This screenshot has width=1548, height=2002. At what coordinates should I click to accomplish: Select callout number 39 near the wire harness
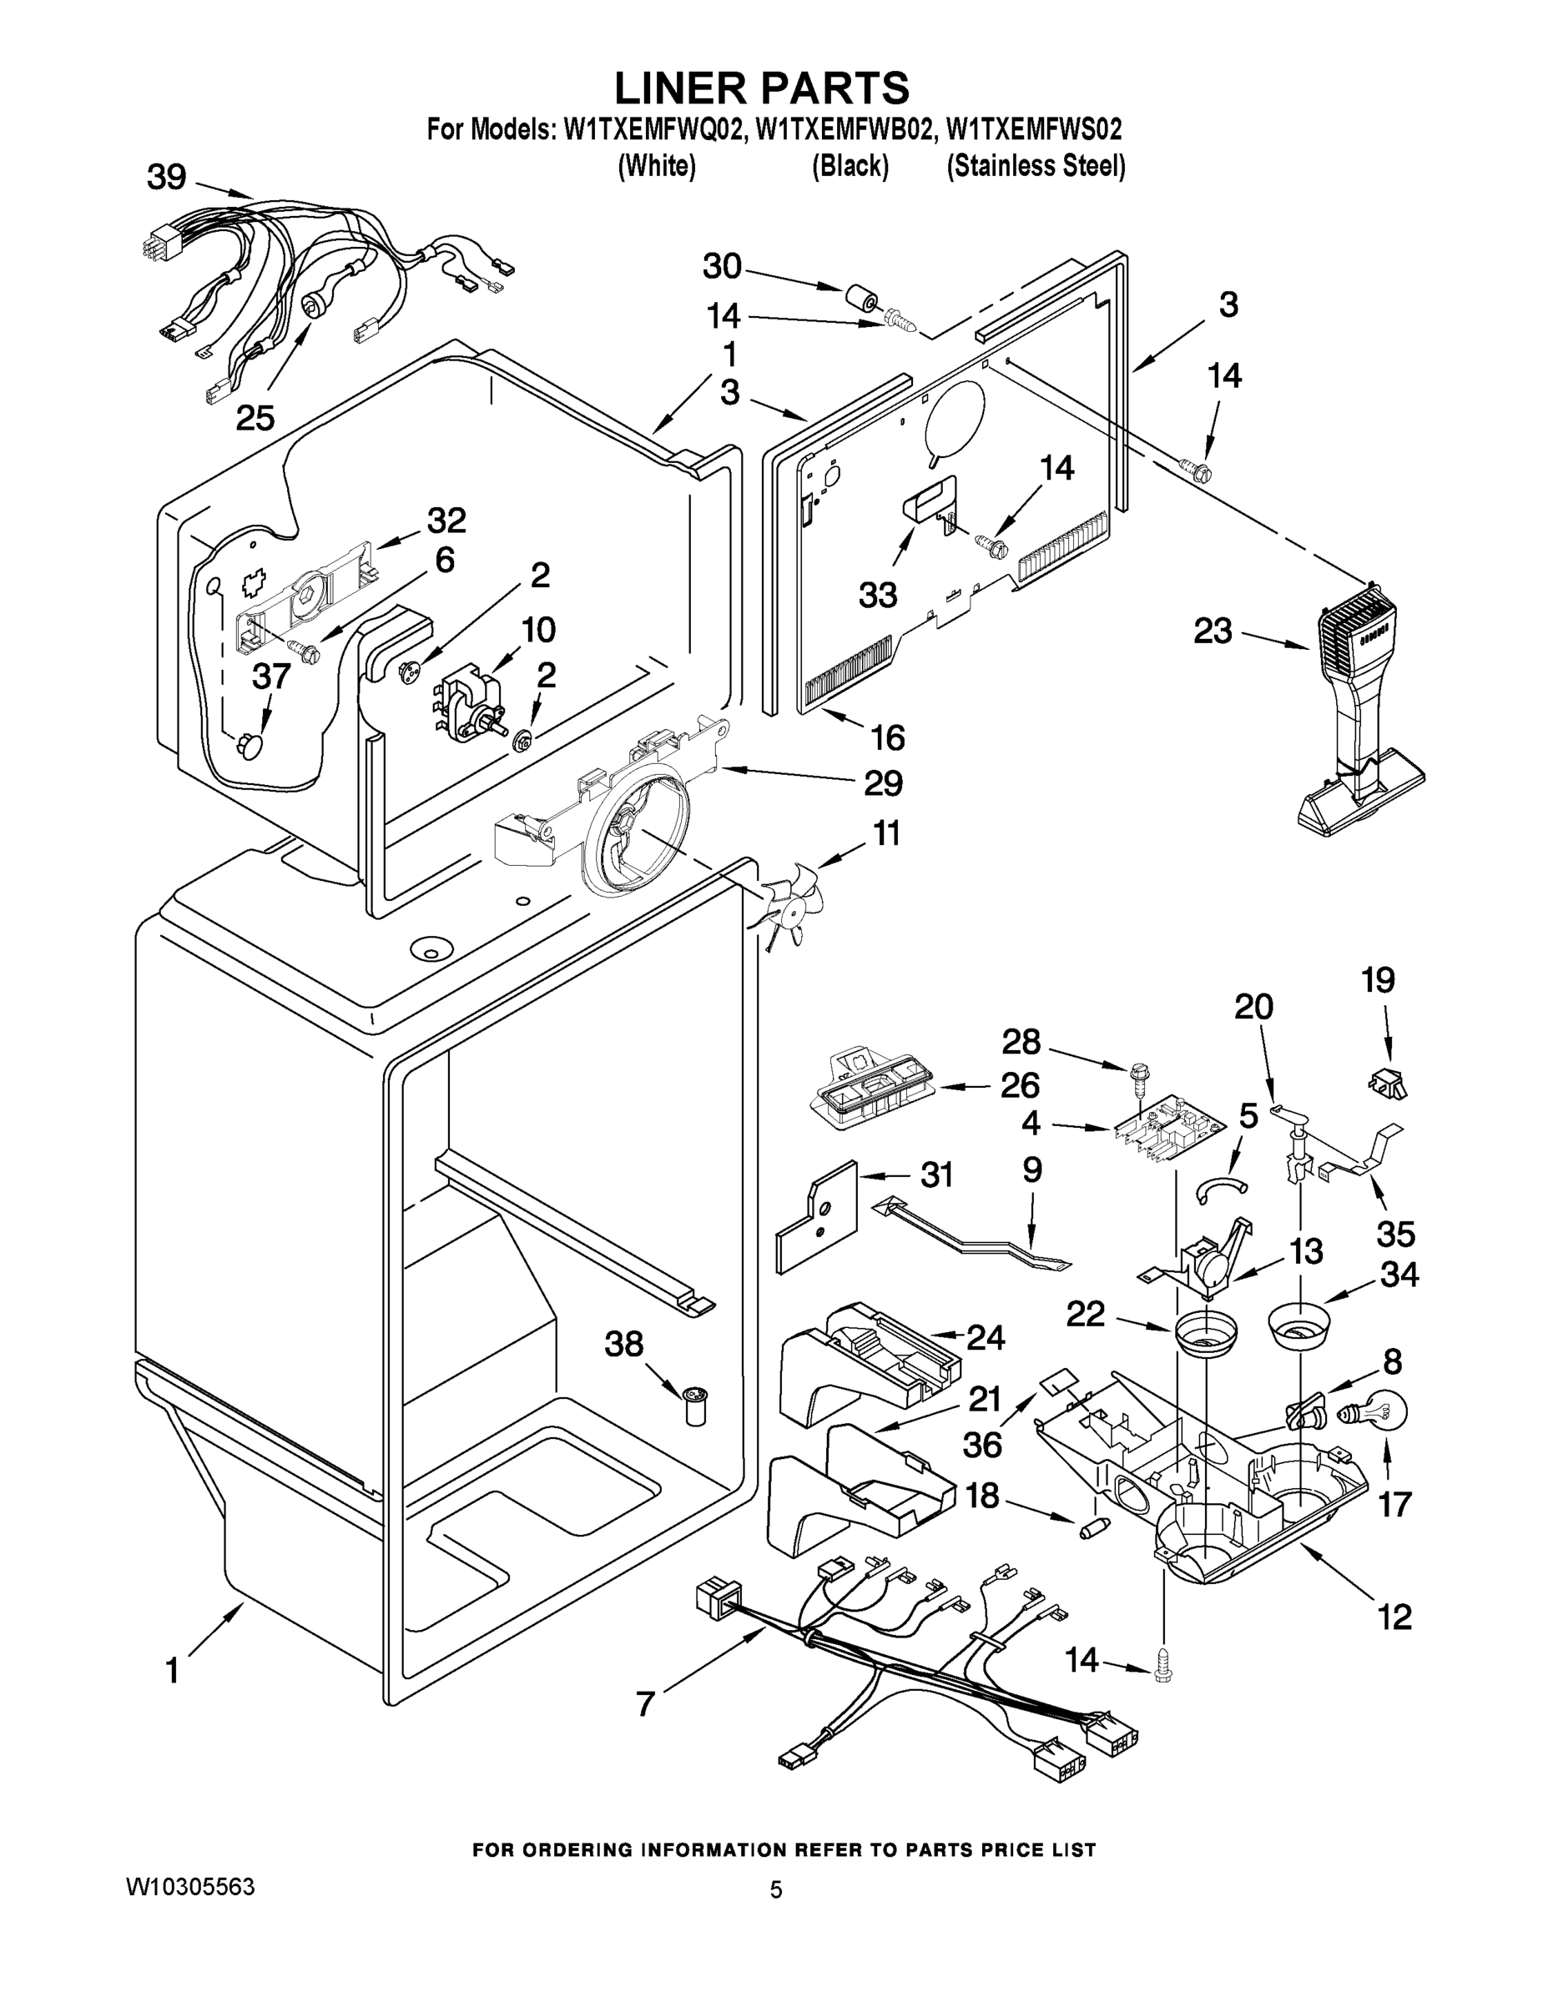coord(166,177)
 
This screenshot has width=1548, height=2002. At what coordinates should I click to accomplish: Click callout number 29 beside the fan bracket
coord(882,782)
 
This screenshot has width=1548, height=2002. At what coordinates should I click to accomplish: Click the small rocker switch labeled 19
coord(1387,1083)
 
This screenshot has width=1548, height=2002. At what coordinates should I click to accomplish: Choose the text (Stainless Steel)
coord(1036,166)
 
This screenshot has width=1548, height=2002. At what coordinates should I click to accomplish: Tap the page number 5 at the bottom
coord(776,1889)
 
